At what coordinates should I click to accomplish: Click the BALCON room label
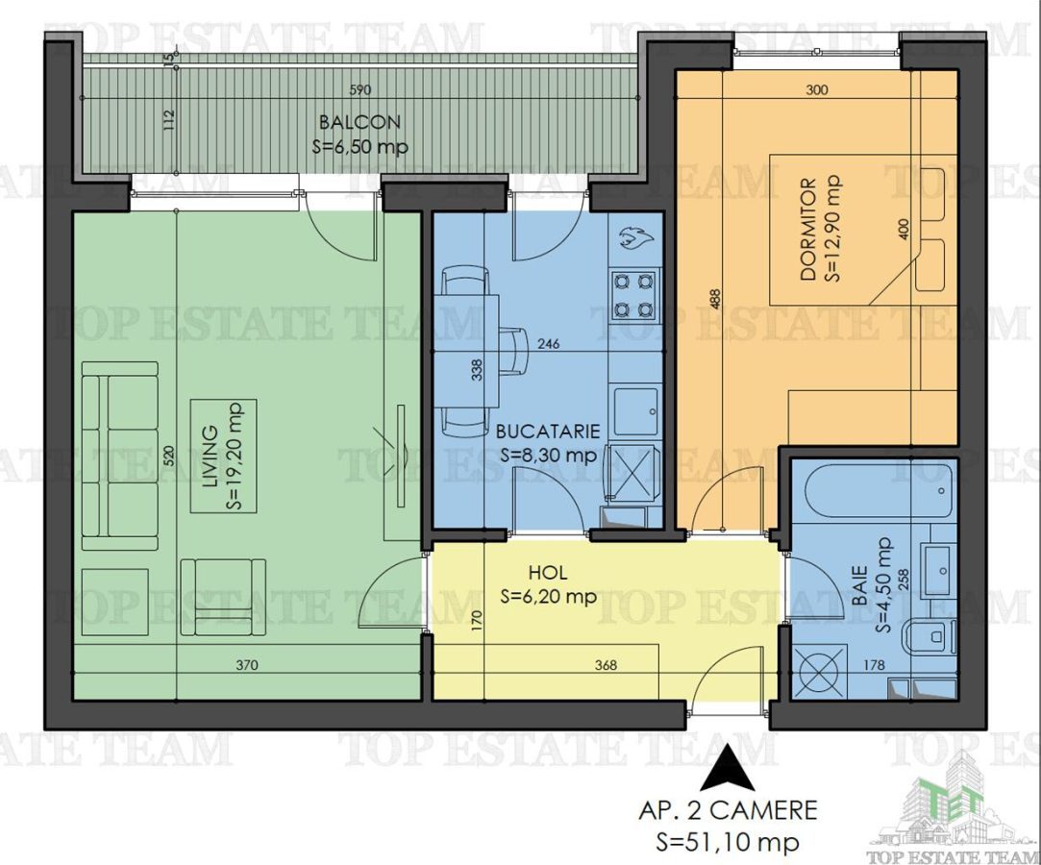pyautogui.click(x=359, y=123)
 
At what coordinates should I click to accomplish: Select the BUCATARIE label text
pyautogui.click(x=549, y=432)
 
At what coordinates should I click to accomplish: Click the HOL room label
pyautogui.click(x=548, y=575)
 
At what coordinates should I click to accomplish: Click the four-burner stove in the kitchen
pyautogui.click(x=634, y=296)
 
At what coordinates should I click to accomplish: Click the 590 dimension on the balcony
pyautogui.click(x=359, y=90)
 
